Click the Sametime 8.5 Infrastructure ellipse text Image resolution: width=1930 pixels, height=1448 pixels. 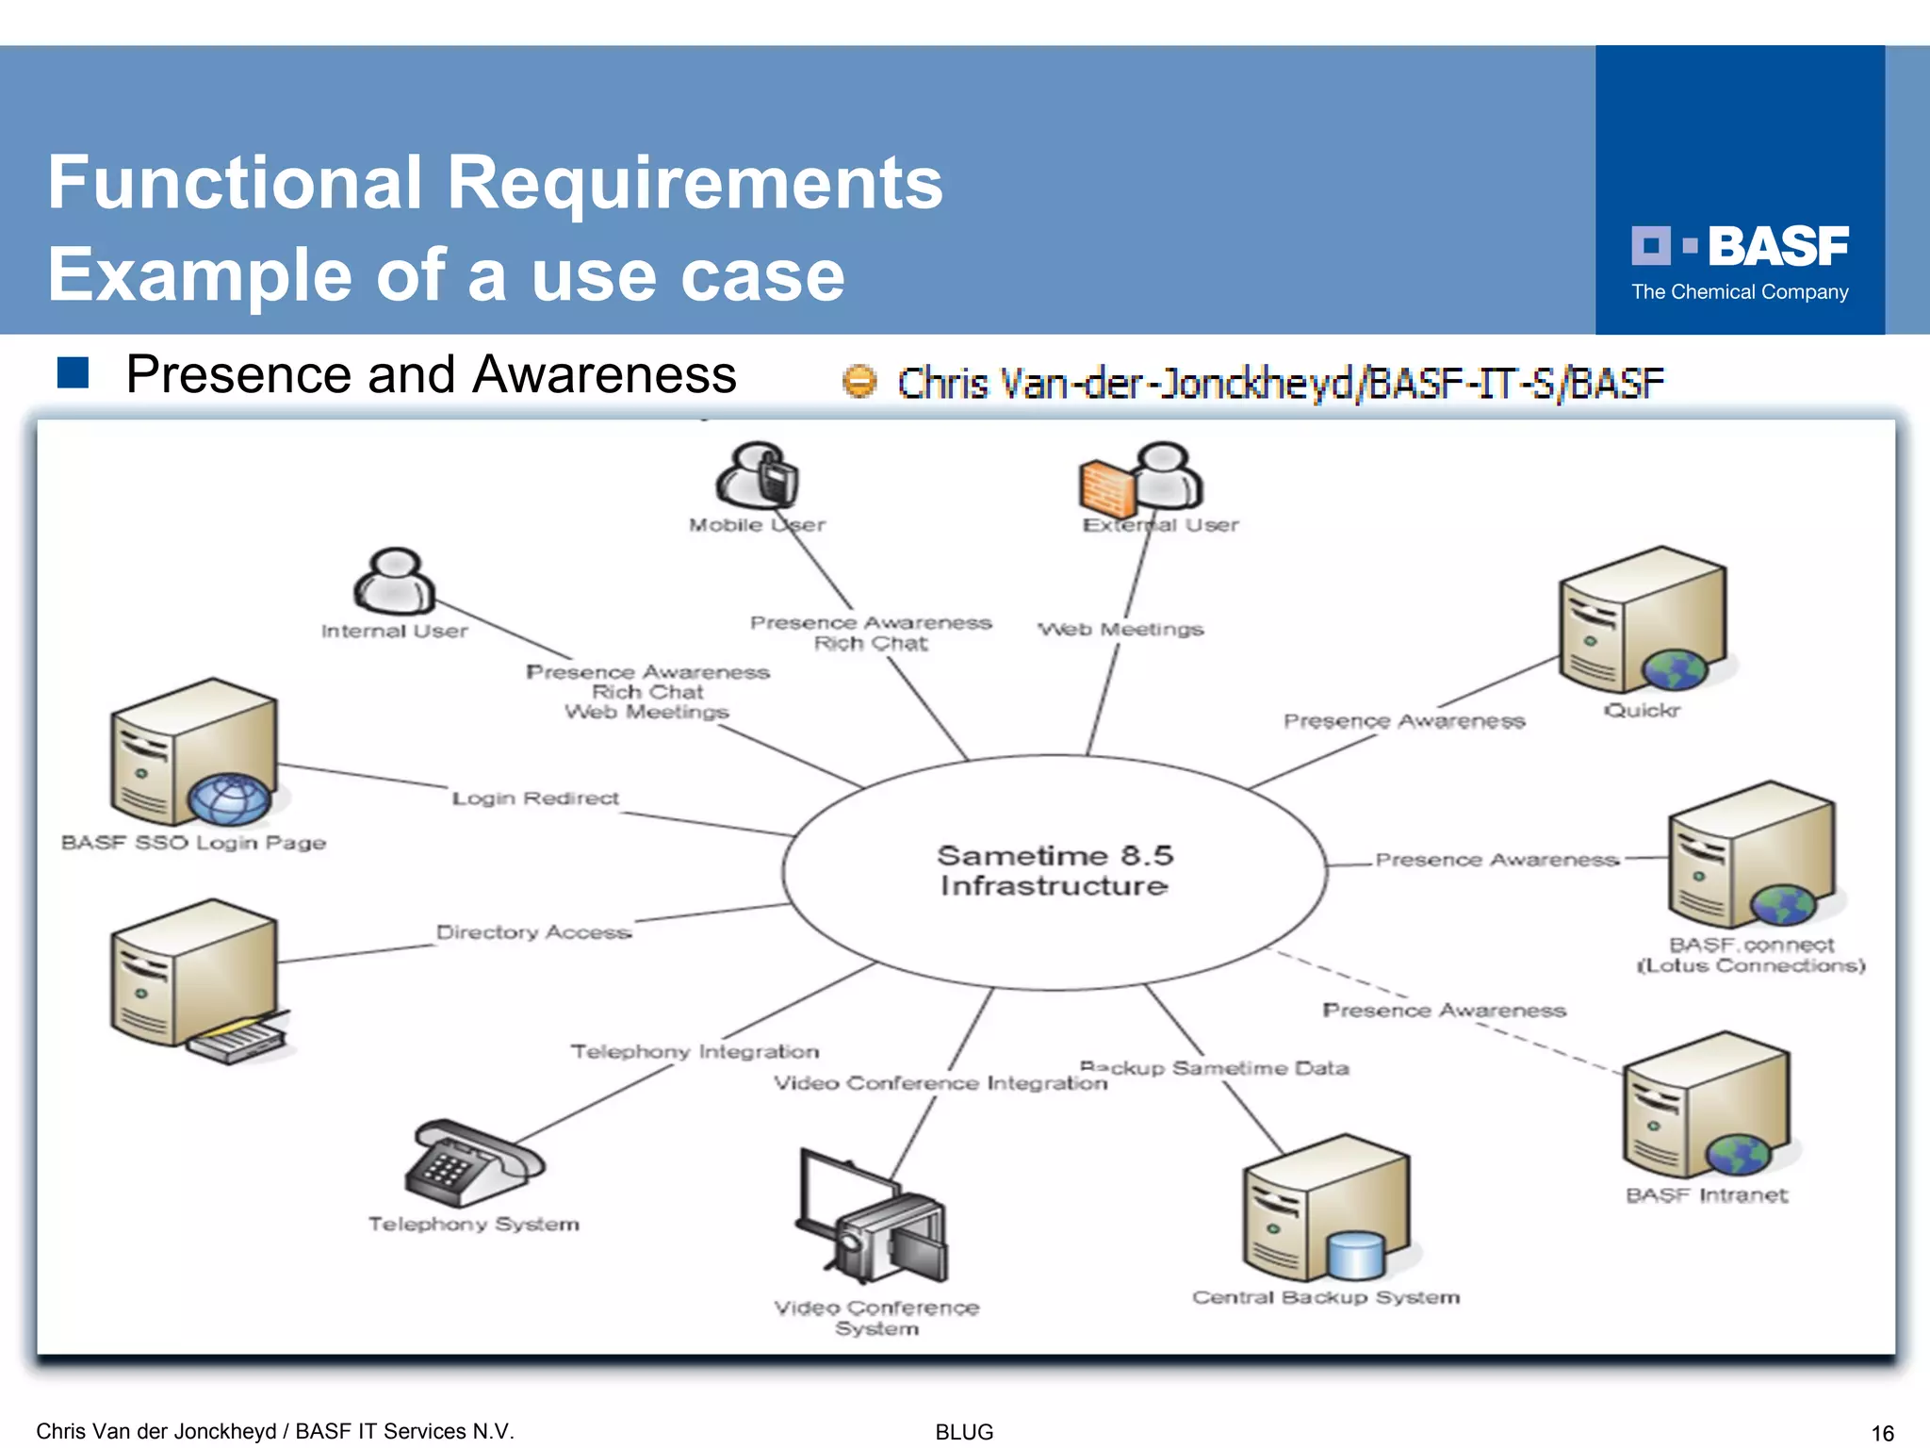click(x=1055, y=870)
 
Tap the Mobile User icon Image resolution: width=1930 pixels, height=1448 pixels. click(x=758, y=475)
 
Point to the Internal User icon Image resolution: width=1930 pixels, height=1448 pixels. click(x=394, y=581)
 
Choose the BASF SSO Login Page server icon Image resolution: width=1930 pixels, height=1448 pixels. click(x=194, y=753)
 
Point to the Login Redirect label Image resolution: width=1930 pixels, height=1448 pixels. click(x=535, y=798)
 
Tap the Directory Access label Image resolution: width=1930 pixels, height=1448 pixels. click(x=533, y=932)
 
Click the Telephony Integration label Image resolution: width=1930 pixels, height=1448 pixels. click(x=695, y=1051)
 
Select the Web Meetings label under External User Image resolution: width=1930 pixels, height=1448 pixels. click(x=1120, y=629)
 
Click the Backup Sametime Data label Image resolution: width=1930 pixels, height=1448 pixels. click(x=1216, y=1067)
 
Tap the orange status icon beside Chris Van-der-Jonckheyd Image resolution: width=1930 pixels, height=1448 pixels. click(x=859, y=382)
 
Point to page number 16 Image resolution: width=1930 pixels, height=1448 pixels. click(x=1882, y=1433)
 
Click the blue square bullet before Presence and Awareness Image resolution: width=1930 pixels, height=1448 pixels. click(x=73, y=373)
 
